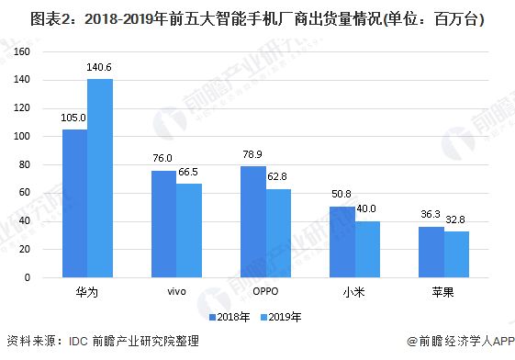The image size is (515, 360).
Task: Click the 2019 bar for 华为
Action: (100, 178)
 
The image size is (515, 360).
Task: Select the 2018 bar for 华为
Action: (74, 203)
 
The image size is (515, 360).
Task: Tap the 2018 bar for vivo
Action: (163, 224)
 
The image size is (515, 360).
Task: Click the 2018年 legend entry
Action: (233, 317)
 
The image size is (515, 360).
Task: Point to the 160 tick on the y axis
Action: (40, 51)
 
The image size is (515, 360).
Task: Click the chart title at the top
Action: (257, 16)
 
